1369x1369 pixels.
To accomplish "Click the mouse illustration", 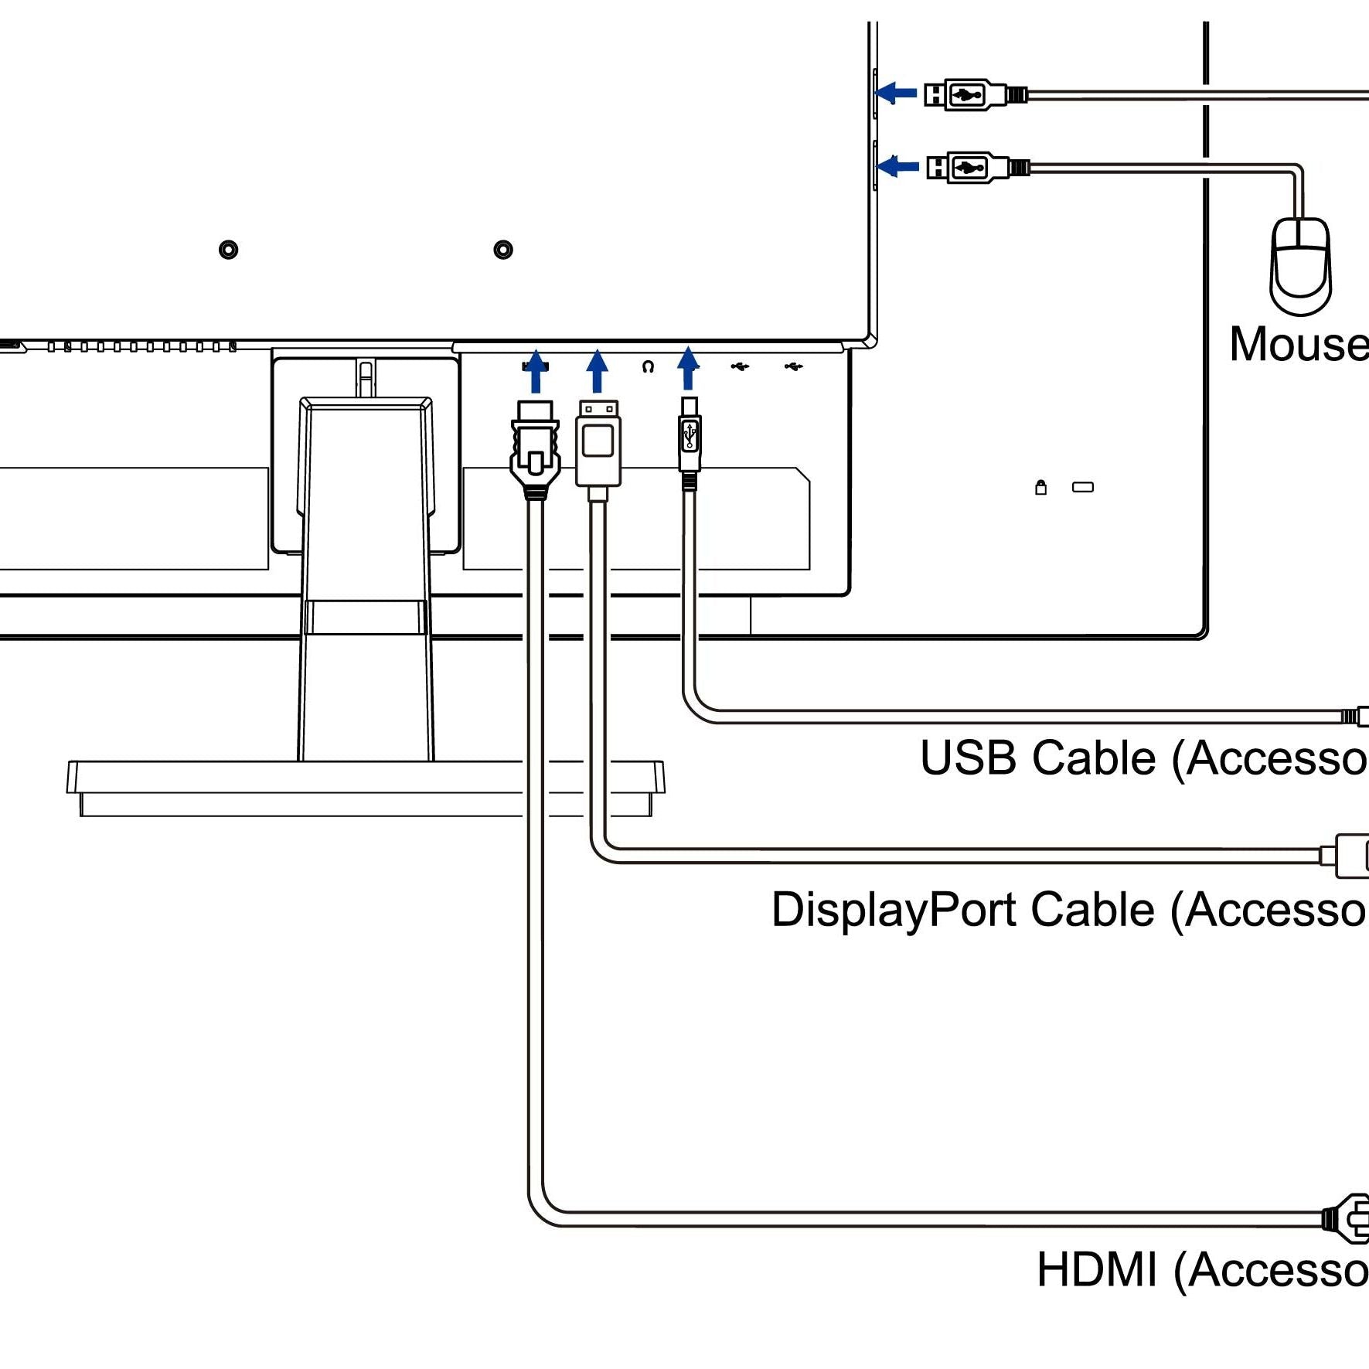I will (x=1300, y=266).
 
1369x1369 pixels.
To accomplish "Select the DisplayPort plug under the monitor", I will (x=598, y=444).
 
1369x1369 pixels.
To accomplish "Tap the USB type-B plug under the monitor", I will (x=690, y=437).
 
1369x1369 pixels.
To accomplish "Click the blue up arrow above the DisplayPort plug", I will (x=597, y=370).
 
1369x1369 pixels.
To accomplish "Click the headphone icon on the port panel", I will (x=648, y=366).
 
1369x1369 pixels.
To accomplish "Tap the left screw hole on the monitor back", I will (x=228, y=250).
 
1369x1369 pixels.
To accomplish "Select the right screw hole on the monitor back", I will (x=503, y=250).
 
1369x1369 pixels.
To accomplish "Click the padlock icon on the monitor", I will (x=1040, y=487).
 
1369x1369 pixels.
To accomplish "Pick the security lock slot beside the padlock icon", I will (x=1082, y=487).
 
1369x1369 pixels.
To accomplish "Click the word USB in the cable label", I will (x=967, y=758).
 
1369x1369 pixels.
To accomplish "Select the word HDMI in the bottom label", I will (x=1097, y=1270).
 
